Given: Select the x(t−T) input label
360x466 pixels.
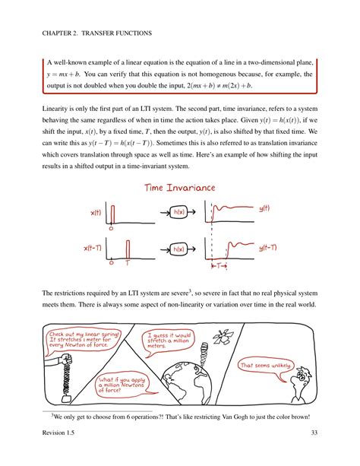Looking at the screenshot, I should pos(93,248).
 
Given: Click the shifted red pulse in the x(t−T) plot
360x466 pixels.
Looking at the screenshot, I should pos(128,249).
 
